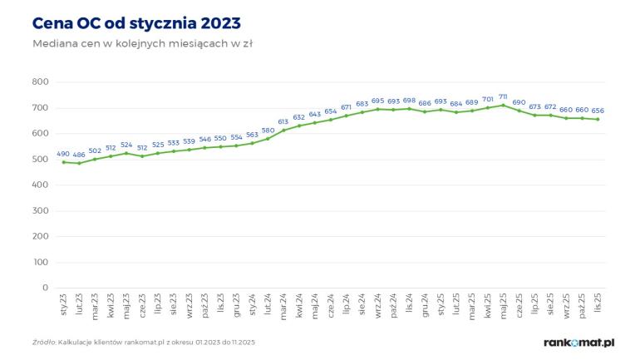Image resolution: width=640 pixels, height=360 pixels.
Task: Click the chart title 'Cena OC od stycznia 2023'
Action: [x=139, y=21]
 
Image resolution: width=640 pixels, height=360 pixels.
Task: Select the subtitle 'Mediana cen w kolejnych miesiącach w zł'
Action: [x=141, y=43]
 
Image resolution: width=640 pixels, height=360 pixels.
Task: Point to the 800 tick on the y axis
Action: [x=40, y=81]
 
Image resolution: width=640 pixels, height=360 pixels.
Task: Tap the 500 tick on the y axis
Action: [x=40, y=159]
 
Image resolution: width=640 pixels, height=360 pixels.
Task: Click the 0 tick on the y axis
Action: [x=45, y=288]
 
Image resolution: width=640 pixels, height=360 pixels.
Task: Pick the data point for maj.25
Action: [x=503, y=105]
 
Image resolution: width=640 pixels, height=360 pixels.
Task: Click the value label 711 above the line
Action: [x=503, y=96]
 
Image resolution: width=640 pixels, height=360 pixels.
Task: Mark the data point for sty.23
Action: [x=63, y=161]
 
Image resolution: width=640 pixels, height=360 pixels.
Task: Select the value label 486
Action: [x=79, y=155]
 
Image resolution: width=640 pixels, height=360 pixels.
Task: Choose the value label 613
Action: [x=283, y=121]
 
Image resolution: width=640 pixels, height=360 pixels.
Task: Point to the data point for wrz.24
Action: [x=377, y=109]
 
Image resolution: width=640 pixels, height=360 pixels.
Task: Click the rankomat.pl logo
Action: [x=578, y=342]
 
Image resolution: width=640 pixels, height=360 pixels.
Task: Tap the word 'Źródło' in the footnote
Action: [x=43, y=343]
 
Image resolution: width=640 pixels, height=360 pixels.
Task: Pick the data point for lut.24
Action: [x=268, y=138]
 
